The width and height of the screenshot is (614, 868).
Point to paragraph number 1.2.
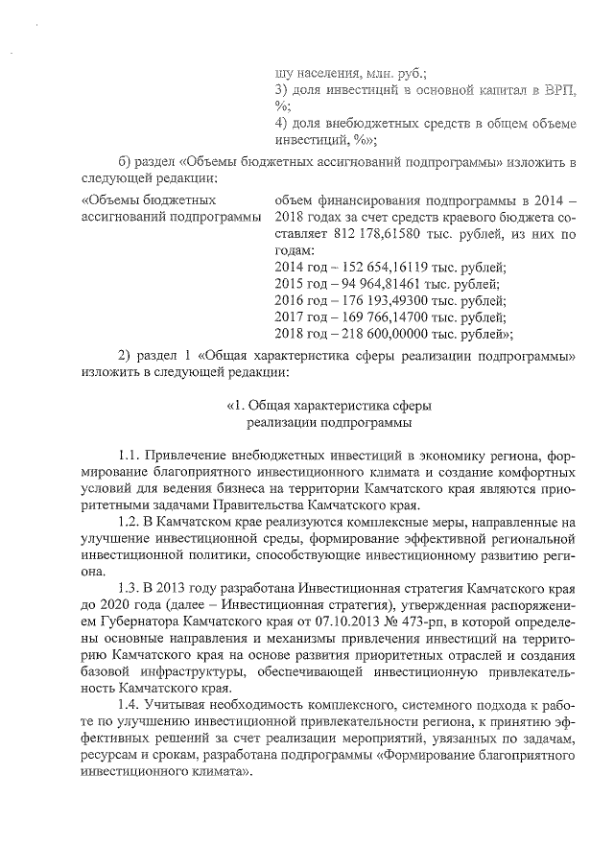click(x=130, y=522)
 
